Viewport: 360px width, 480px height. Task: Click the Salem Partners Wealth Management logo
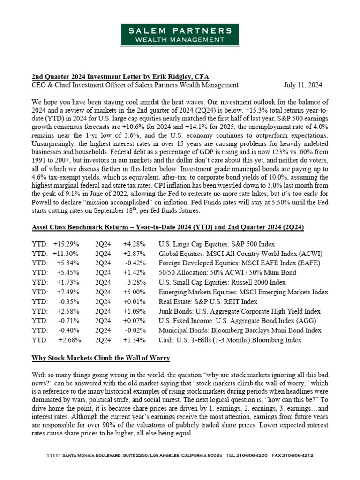pyautogui.click(x=180, y=35)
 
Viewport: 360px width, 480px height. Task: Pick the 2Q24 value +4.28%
pyautogui.click(x=134, y=244)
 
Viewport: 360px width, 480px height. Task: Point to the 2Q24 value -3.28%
pyautogui.click(x=135, y=283)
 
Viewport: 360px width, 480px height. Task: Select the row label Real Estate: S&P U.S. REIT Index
pyautogui.click(x=208, y=301)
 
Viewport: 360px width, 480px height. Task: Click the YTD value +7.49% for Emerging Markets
pyautogui.click(x=67, y=292)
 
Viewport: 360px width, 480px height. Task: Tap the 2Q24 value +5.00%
pyautogui.click(x=134, y=292)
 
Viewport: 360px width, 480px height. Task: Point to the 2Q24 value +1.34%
pyautogui.click(x=134, y=340)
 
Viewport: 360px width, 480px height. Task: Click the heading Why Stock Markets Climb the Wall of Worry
pyautogui.click(x=100, y=358)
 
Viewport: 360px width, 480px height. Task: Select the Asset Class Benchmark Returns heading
pyautogui.click(x=167, y=227)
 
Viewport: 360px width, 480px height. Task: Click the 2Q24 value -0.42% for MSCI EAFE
pyautogui.click(x=135, y=263)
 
